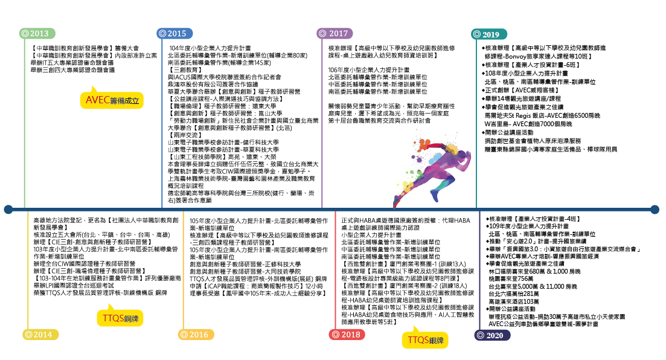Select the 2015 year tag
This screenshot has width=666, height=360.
(x=171, y=34)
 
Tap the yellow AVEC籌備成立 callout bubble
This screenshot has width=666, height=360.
(x=113, y=100)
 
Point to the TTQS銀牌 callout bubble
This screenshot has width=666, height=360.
(x=425, y=340)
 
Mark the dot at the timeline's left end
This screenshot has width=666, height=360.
(x=7, y=209)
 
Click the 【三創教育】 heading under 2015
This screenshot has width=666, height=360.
(x=184, y=69)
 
